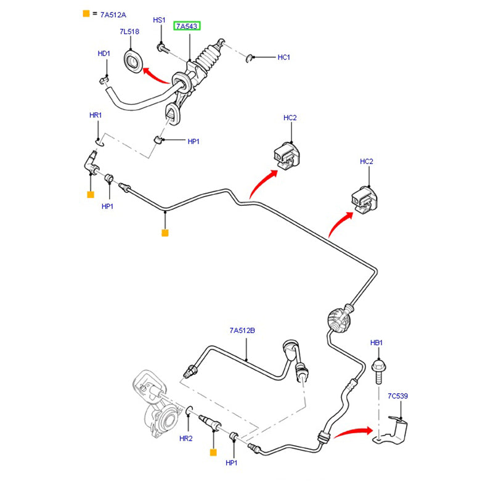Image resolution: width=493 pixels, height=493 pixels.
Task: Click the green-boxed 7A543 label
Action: pyautogui.click(x=187, y=26)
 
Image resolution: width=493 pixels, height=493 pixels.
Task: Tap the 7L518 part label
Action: pyautogui.click(x=129, y=32)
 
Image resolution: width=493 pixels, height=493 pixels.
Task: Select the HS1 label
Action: pyautogui.click(x=159, y=20)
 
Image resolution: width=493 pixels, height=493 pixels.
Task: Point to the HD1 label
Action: pyautogui.click(x=104, y=54)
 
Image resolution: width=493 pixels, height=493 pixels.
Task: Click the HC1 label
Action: pyautogui.click(x=283, y=57)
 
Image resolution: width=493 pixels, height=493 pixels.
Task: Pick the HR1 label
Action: pyautogui.click(x=95, y=115)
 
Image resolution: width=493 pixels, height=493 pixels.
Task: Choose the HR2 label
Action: pyautogui.click(x=186, y=438)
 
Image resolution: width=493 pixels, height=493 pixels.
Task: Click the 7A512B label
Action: pyautogui.click(x=242, y=331)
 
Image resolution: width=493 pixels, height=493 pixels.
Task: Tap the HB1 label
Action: pyautogui.click(x=377, y=342)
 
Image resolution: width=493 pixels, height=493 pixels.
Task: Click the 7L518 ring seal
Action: pyautogui.click(x=134, y=62)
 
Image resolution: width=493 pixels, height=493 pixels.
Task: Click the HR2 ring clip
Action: pyautogui.click(x=189, y=411)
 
